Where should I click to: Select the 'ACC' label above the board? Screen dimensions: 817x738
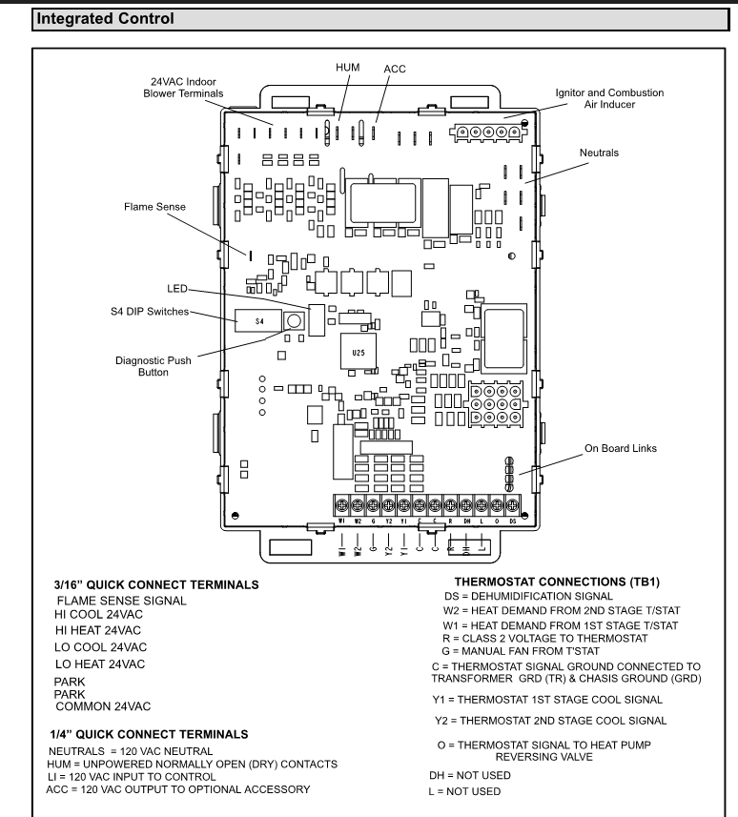(x=394, y=69)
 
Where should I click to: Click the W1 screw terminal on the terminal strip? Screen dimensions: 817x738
(x=342, y=505)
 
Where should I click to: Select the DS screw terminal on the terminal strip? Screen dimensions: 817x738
(x=512, y=505)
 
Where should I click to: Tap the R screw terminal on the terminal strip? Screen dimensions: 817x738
(x=451, y=505)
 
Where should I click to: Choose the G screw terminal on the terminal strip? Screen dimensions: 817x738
(x=374, y=505)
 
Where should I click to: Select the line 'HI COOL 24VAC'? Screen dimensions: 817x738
(x=104, y=616)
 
